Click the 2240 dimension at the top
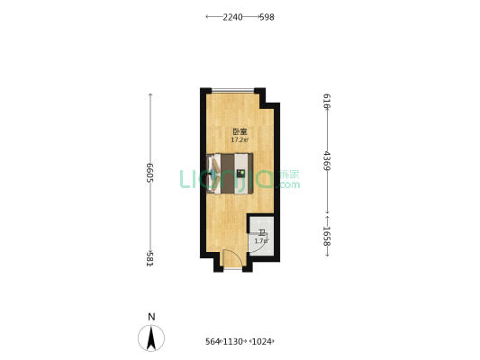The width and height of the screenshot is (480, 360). click(232, 16)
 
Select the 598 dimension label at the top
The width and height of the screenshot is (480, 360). click(267, 16)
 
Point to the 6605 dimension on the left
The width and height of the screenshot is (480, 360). click(149, 173)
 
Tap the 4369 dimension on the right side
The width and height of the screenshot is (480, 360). click(326, 161)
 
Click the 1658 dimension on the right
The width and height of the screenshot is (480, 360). click(326, 237)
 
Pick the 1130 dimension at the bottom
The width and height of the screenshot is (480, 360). click(232, 341)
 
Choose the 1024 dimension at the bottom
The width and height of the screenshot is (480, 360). click(261, 341)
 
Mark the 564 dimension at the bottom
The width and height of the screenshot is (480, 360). click(213, 341)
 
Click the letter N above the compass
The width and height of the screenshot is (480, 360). click(151, 317)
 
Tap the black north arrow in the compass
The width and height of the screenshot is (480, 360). click(151, 337)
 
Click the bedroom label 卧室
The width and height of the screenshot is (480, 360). click(240, 131)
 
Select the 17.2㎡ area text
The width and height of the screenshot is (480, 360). click(240, 139)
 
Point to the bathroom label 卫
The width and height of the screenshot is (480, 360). click(260, 233)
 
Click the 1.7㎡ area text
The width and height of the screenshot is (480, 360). click(260, 240)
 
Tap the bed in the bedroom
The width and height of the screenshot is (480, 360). click(230, 173)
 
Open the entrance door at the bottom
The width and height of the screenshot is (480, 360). click(232, 260)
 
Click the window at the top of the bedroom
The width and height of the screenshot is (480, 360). click(232, 90)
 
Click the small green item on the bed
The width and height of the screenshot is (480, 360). click(240, 173)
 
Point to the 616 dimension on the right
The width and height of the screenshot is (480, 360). click(326, 101)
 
